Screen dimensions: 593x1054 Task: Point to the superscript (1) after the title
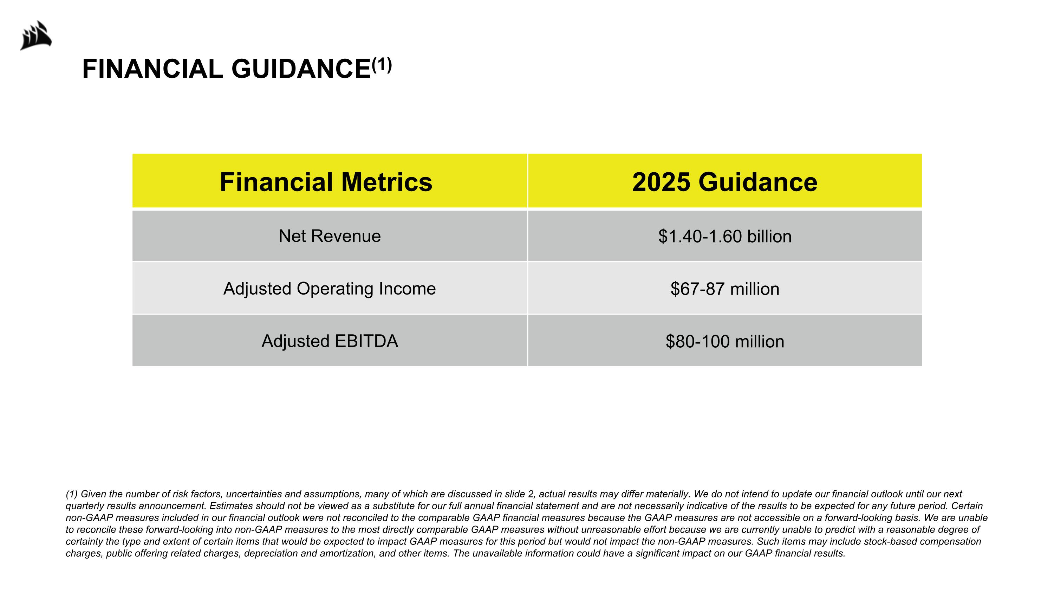[x=382, y=65]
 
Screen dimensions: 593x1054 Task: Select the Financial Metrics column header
[x=326, y=182]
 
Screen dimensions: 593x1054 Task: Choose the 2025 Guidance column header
[x=724, y=182]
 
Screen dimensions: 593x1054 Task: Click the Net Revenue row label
[x=330, y=236]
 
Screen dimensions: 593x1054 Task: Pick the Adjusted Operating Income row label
[x=330, y=289]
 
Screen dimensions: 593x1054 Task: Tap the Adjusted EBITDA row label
[x=330, y=341]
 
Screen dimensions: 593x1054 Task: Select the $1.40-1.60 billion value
[x=724, y=237]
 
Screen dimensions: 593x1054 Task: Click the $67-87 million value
[x=724, y=289]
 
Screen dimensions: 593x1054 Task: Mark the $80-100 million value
[x=724, y=341]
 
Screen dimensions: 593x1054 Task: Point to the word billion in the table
[x=769, y=237]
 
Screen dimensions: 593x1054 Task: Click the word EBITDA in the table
[x=366, y=341]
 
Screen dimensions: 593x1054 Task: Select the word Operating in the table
[x=335, y=289]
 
